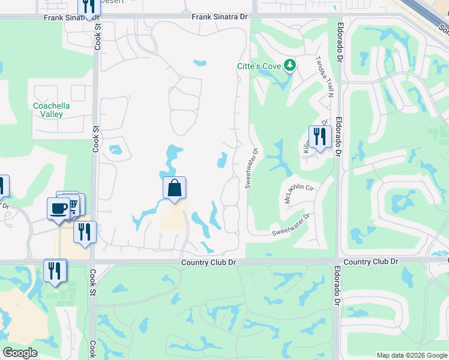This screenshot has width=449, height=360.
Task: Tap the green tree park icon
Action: [x=290, y=64]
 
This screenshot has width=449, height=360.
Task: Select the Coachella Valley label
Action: [x=52, y=110]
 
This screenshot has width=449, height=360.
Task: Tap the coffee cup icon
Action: [x=59, y=208]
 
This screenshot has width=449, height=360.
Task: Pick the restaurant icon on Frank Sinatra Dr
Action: [x=89, y=7]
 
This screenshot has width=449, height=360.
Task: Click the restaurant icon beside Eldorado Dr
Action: [x=319, y=137]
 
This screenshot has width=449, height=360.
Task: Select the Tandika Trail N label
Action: [x=325, y=77]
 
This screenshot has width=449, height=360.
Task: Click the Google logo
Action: [x=20, y=353]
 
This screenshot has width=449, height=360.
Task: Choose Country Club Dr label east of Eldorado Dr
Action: [x=372, y=262]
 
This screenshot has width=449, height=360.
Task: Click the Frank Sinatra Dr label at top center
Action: [x=220, y=17]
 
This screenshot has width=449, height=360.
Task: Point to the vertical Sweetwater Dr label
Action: [x=251, y=169]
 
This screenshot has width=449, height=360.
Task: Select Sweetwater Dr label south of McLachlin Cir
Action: [x=291, y=224]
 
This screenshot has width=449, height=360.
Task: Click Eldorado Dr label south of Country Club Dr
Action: [x=337, y=286]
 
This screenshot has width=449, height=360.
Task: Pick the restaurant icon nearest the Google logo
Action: [x=55, y=271]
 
